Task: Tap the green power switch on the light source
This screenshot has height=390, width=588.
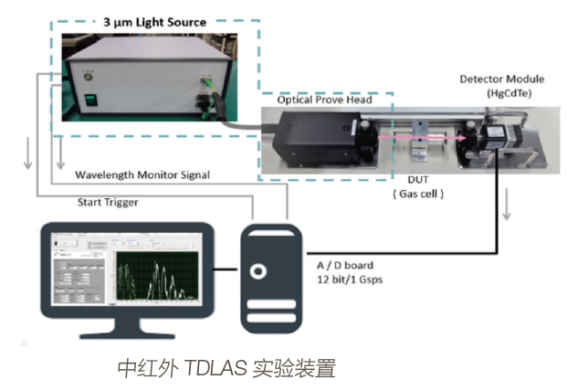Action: click(90, 103)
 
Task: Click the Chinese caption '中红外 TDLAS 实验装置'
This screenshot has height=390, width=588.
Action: click(226, 369)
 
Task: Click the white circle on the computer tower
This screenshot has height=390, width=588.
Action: click(260, 270)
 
